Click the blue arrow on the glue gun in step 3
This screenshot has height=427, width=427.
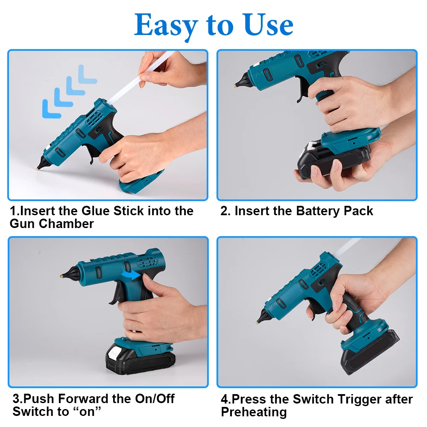(131, 275)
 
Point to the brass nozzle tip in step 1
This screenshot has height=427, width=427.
(38, 169)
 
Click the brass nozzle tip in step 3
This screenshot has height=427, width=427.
(61, 276)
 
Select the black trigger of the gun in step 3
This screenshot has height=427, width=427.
(115, 293)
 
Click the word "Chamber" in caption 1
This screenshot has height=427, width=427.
(66, 224)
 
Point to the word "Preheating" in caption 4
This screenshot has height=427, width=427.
(254, 412)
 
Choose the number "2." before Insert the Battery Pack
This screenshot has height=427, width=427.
(225, 211)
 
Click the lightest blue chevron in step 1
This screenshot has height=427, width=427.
(87, 74)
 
